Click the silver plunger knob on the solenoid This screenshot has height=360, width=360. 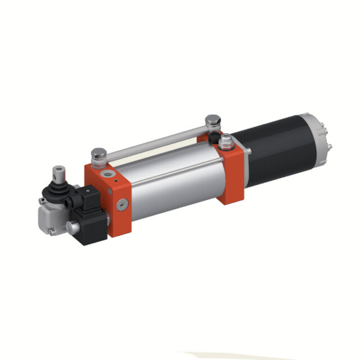point(70,226)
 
